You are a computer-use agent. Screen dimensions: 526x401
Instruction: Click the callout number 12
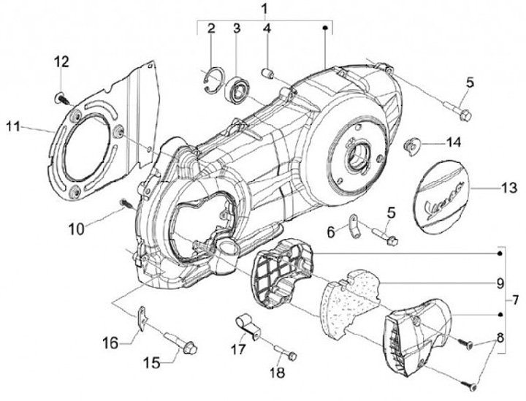click(x=61, y=61)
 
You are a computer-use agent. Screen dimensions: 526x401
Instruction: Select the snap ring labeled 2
click(x=213, y=80)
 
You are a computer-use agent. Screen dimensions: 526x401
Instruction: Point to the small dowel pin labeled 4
click(x=267, y=72)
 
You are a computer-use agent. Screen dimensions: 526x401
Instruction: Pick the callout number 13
click(x=509, y=188)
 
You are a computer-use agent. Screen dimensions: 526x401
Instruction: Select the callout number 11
click(x=13, y=127)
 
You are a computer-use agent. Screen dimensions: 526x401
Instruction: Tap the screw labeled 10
click(x=126, y=203)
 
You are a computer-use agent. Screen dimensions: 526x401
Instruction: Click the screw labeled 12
click(x=62, y=98)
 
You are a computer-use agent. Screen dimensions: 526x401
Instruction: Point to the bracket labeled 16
click(x=142, y=318)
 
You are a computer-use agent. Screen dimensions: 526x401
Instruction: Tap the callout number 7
click(x=515, y=299)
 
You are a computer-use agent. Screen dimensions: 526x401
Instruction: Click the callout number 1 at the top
click(x=264, y=7)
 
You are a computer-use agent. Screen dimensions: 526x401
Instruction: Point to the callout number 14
click(x=453, y=142)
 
